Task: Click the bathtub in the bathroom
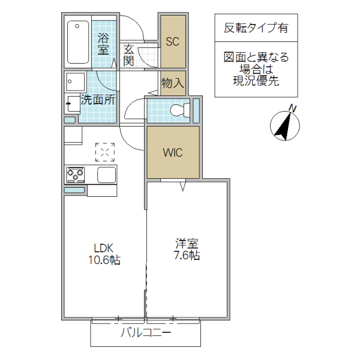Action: (77, 42)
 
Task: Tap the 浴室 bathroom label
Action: (103, 43)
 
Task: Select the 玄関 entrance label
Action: (129, 55)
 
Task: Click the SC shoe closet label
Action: (172, 42)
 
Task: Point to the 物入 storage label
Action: (172, 83)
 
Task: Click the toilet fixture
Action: (179, 110)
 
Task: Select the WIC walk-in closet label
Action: (172, 152)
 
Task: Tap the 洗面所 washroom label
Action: (98, 100)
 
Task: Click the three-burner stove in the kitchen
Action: (76, 175)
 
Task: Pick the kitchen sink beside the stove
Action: (106, 176)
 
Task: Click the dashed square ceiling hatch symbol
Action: (104, 152)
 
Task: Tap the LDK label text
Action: (103, 247)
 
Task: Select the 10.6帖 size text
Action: (103, 260)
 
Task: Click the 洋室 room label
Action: (187, 244)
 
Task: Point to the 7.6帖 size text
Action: (187, 256)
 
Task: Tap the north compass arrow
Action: (285, 124)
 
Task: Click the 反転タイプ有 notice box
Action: (255, 28)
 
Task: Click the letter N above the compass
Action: (293, 108)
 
